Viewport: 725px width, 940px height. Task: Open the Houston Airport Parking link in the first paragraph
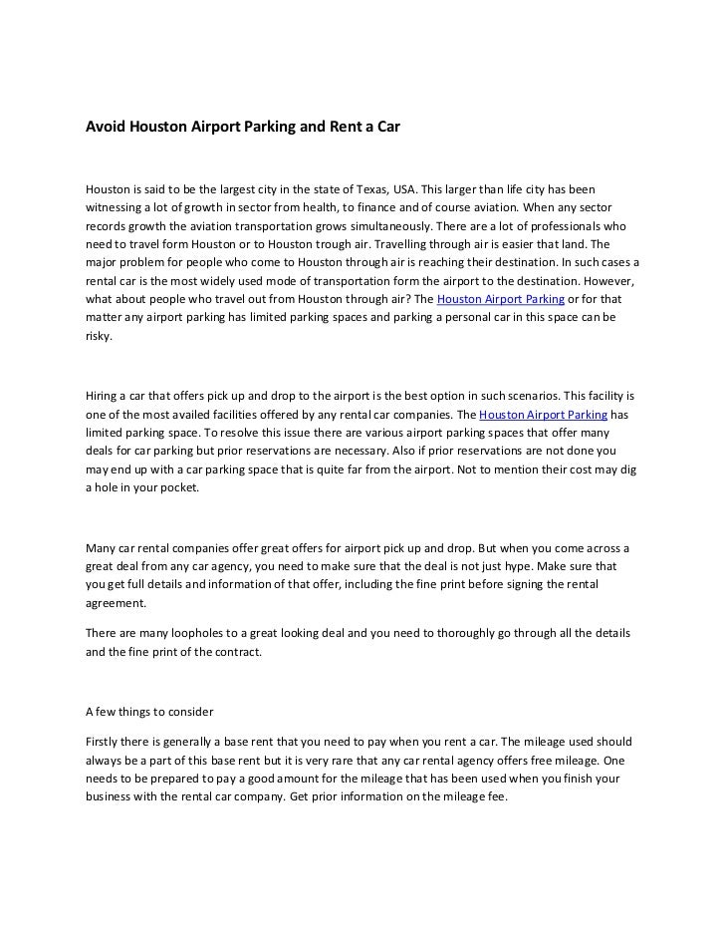tap(501, 299)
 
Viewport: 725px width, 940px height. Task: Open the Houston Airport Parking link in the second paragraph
tap(543, 413)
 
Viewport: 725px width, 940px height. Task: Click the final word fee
tap(496, 797)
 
